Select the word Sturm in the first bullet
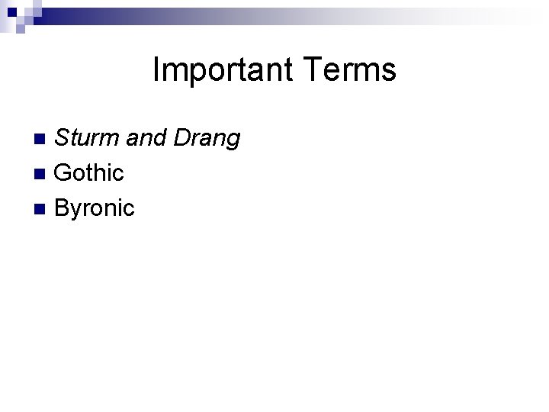click(83, 138)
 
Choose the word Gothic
click(89, 172)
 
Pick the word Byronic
click(95, 208)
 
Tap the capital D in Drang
click(183, 138)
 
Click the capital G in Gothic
click(64, 172)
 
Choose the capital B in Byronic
click(63, 207)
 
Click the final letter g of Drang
click(233, 141)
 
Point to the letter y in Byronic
click(77, 210)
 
